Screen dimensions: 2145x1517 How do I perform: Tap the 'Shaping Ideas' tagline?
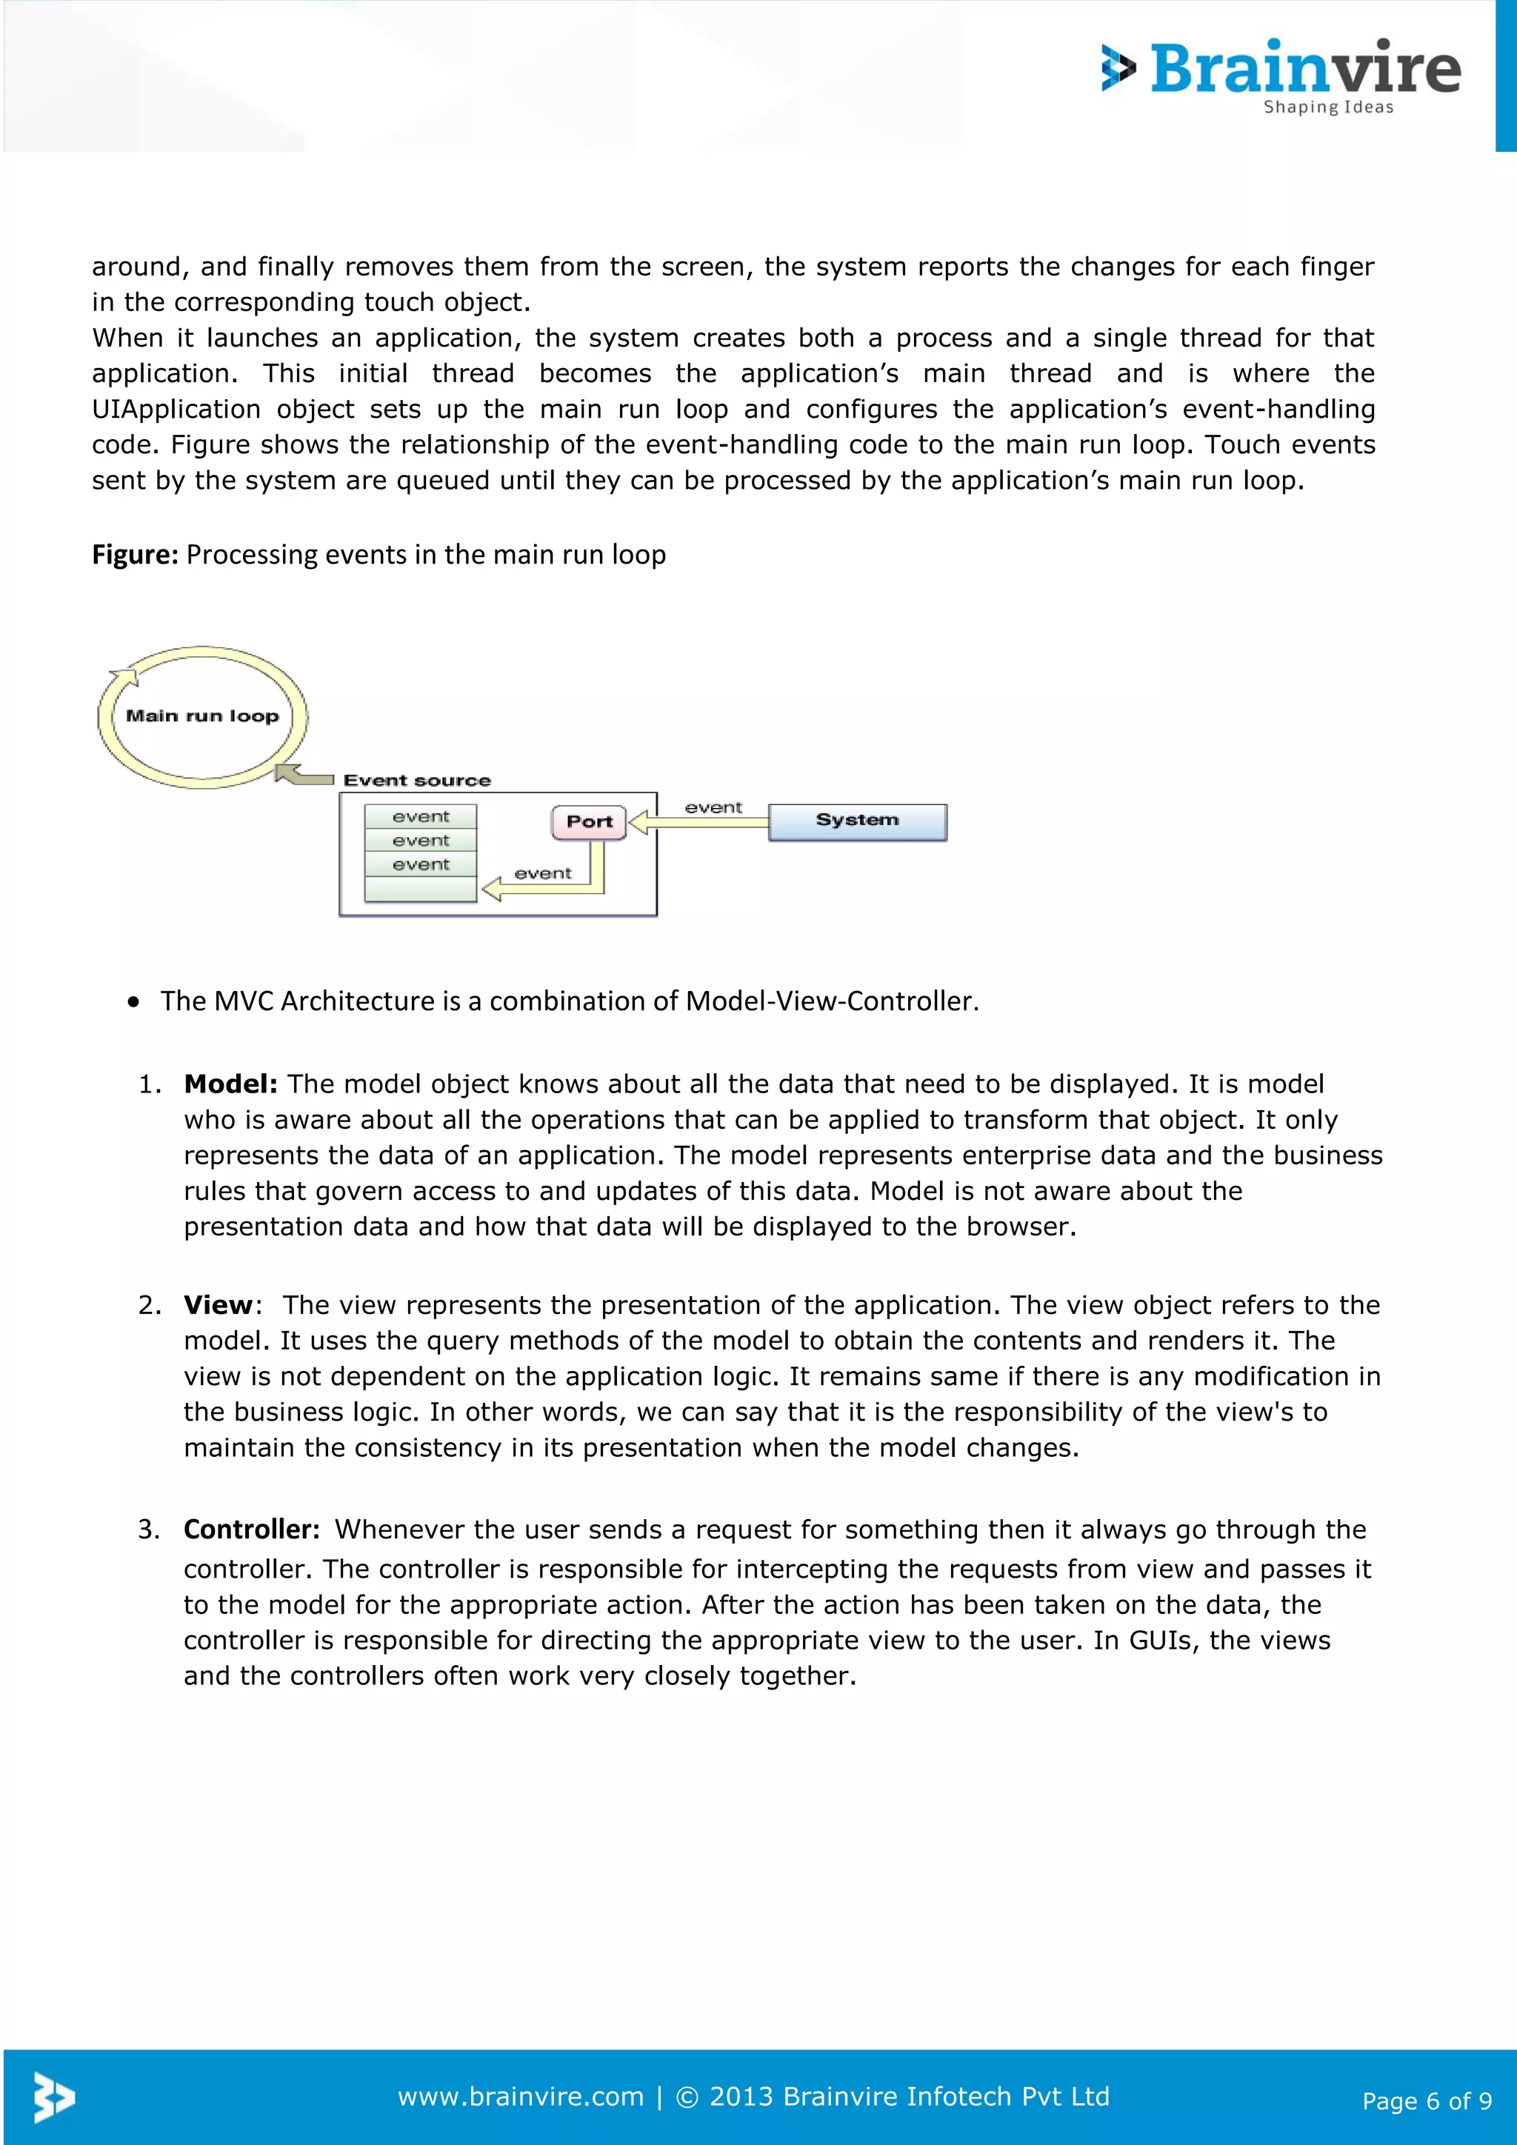[1327, 107]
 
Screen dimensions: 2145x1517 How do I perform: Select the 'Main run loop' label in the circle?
[203, 715]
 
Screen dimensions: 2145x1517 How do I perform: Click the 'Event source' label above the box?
[416, 780]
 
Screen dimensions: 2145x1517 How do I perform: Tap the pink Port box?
[588, 822]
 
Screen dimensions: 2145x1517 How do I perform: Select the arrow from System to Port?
[701, 822]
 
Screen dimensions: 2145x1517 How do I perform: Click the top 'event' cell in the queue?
[420, 816]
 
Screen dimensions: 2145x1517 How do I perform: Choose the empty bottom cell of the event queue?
[420, 889]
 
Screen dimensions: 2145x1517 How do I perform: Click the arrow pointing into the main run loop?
[304, 775]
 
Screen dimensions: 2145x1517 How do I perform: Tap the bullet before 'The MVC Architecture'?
[135, 1001]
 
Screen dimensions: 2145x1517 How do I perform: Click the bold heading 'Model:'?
[230, 1084]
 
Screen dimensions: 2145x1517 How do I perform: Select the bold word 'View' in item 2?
[218, 1305]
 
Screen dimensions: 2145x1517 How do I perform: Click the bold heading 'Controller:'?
[251, 1529]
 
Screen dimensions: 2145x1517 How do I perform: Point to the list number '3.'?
[149, 1529]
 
